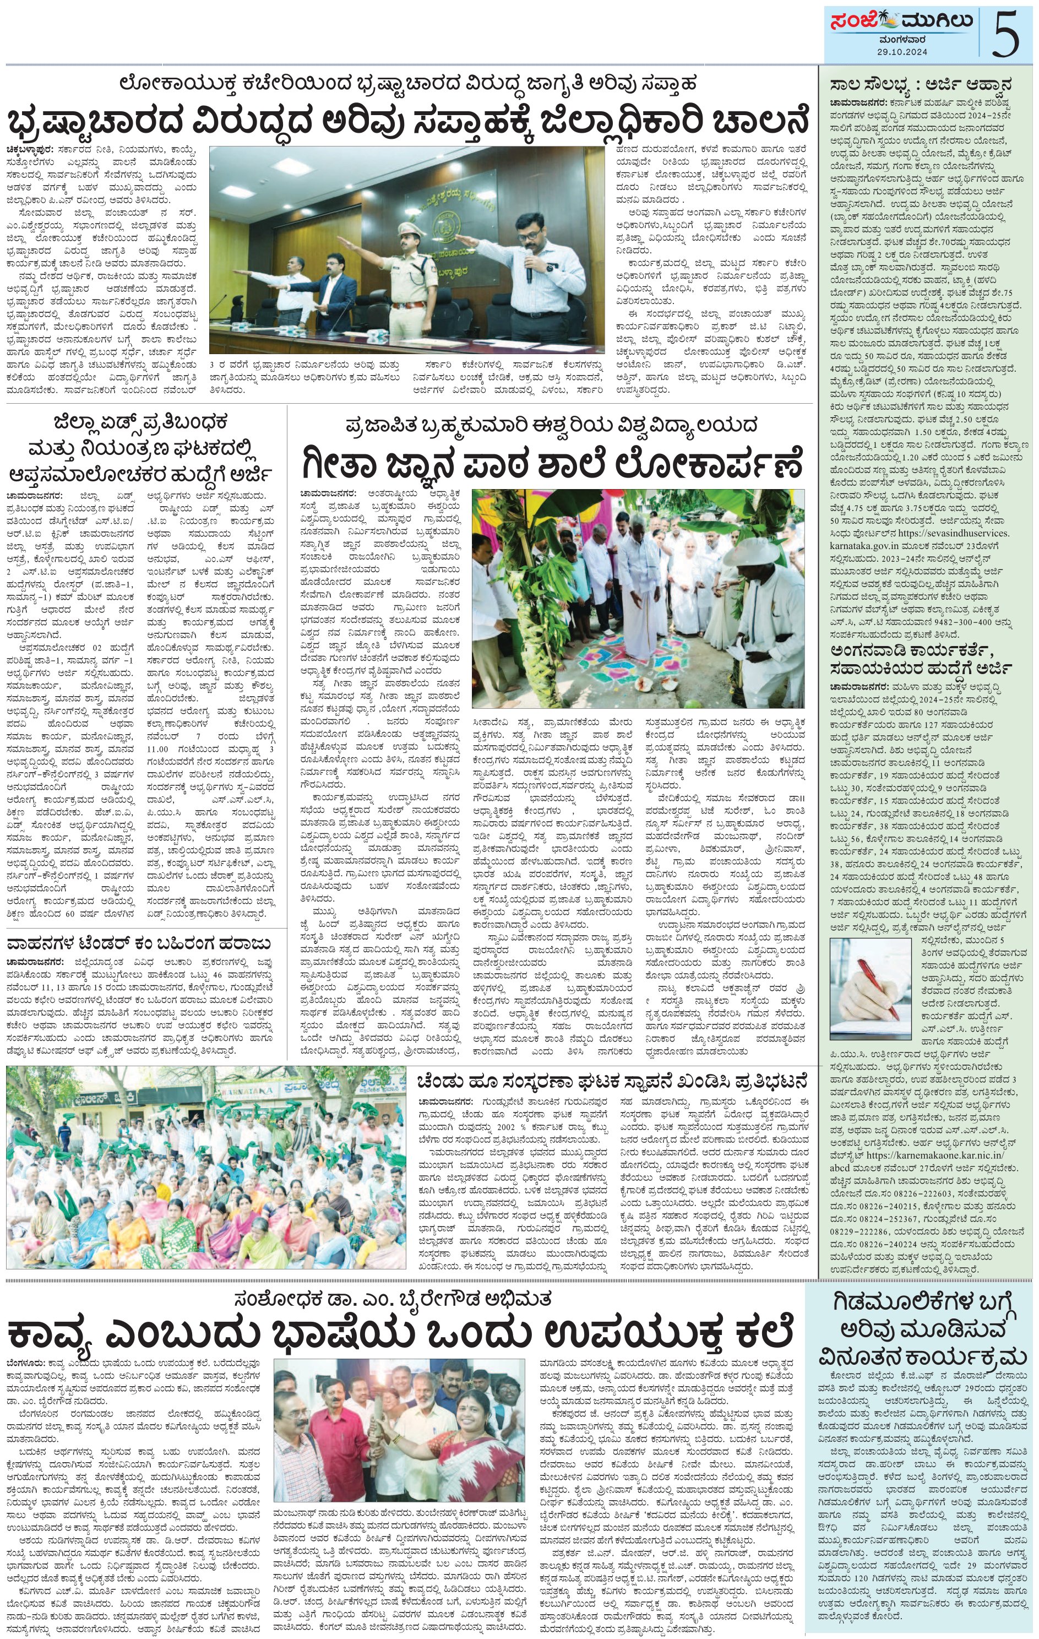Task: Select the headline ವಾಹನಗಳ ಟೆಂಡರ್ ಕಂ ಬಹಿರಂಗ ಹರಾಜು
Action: coord(138,944)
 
